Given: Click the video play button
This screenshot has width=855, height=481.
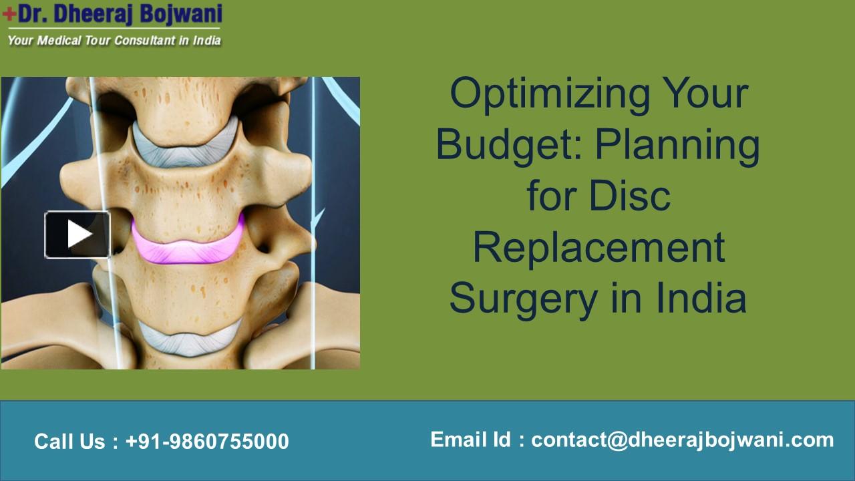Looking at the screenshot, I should click(77, 234).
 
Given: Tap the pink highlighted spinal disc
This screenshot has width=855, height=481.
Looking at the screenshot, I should click(187, 245).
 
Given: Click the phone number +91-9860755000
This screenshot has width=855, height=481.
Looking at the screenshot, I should click(207, 442).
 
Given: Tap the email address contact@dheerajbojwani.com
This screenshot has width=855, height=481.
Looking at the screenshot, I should click(683, 440).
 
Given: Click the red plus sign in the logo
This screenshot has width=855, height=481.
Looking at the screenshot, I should click(9, 15).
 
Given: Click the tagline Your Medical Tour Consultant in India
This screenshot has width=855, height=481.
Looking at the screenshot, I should click(114, 40).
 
